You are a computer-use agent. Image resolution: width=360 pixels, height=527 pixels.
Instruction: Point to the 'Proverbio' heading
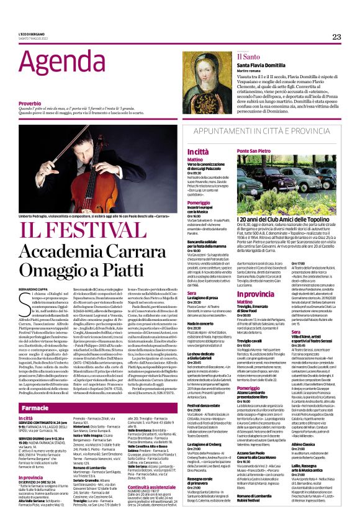(x=30, y=102)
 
